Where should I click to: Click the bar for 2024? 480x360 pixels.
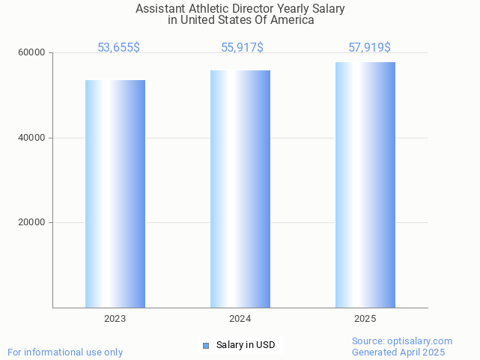click(x=240, y=189)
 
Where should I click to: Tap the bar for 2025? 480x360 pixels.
click(x=365, y=185)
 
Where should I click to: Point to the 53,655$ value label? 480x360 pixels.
click(x=118, y=48)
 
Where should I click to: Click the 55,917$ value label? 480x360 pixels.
click(x=242, y=48)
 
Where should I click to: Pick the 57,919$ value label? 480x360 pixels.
click(x=369, y=48)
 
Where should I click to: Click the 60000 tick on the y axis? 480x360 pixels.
click(x=32, y=53)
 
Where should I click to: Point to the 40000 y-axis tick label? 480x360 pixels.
click(x=32, y=138)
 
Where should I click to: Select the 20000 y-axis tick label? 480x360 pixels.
click(x=32, y=223)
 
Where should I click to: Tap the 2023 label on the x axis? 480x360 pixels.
click(x=115, y=319)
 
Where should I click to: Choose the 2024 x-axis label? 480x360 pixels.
click(x=240, y=319)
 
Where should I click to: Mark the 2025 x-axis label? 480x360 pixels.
click(x=365, y=319)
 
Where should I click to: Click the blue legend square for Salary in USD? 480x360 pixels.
click(x=206, y=345)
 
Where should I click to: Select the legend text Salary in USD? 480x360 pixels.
click(x=246, y=345)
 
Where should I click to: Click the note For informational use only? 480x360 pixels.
click(x=65, y=352)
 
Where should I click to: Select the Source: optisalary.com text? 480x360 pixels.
click(x=401, y=341)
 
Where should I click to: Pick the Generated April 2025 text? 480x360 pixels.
click(x=398, y=352)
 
